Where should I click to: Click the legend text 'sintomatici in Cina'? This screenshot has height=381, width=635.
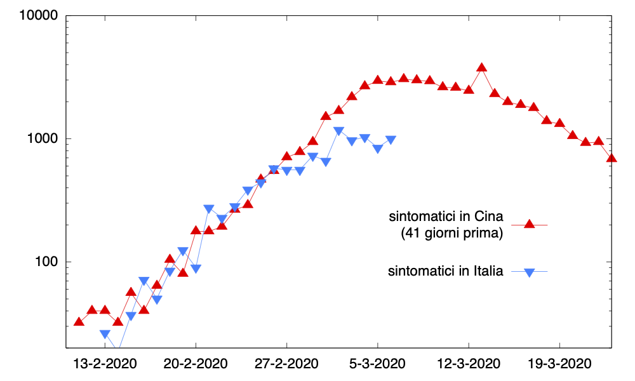(x=446, y=217)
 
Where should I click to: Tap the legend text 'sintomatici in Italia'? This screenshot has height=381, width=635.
(x=445, y=272)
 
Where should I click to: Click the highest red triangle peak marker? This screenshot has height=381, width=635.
(x=481, y=67)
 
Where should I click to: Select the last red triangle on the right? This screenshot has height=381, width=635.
(x=612, y=157)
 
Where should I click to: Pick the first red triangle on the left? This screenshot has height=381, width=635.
(x=79, y=321)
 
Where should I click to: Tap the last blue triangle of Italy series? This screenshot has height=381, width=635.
(x=391, y=140)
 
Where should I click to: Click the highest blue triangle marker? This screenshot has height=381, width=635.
(x=338, y=131)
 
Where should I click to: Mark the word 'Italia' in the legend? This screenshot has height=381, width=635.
(x=489, y=272)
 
